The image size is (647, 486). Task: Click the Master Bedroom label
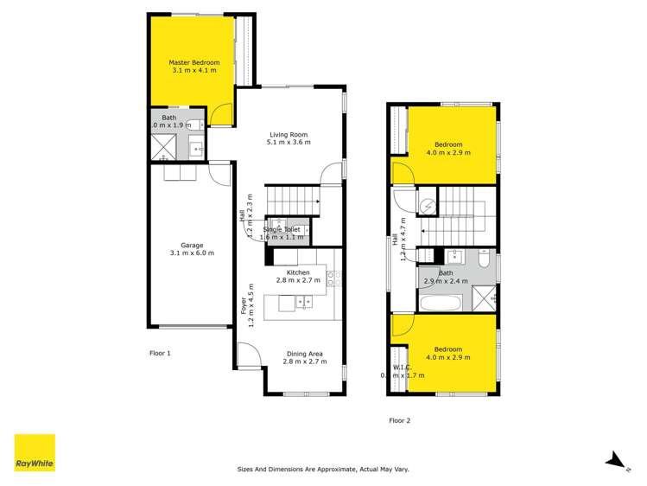tap(193, 62)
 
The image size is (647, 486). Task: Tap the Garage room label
tap(192, 245)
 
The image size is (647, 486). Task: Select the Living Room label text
tap(289, 134)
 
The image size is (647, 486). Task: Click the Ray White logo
tap(35, 453)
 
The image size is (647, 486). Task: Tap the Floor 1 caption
tap(161, 353)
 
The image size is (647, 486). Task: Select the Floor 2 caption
tap(399, 420)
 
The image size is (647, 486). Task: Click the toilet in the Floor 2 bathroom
tap(485, 259)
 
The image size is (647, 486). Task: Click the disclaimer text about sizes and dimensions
tap(323, 469)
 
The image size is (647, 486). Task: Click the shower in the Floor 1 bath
tap(164, 150)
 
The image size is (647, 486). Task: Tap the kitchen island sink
tap(303, 302)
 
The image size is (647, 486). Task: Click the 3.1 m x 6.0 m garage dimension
tap(192, 253)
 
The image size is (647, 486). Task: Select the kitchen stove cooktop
tap(333, 277)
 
